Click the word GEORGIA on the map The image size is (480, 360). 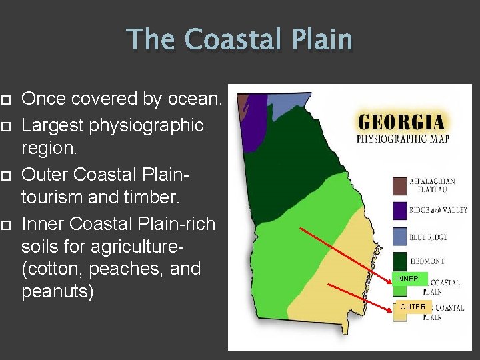401,122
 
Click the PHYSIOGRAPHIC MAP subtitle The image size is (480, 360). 402,139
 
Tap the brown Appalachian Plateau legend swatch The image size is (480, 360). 400,185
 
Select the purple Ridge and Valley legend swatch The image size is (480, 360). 400,211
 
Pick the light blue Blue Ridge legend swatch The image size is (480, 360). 400,237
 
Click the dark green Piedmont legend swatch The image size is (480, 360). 400,261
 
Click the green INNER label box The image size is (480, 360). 407,279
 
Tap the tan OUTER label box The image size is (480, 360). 413,307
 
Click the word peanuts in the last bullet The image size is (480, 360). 57,292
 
